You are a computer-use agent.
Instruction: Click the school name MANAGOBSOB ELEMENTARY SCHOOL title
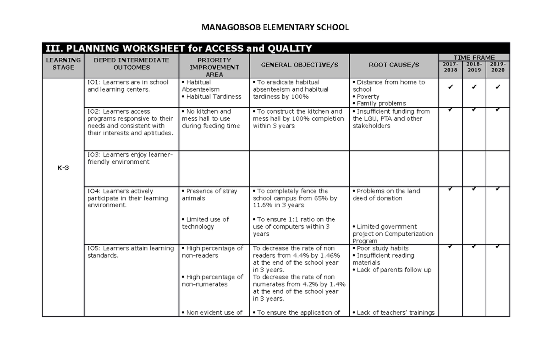[275, 28]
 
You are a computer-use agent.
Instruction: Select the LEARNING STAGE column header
[63, 64]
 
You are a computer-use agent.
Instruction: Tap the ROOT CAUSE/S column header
[394, 65]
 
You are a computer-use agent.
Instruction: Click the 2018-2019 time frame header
[474, 67]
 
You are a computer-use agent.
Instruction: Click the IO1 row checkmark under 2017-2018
[451, 86]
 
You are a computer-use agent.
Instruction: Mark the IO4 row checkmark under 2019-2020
[498, 189]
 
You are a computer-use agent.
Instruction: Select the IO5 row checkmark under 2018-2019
[474, 246]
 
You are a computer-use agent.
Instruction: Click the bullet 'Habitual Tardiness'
[211, 96]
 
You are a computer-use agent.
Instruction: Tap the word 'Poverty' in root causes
[368, 97]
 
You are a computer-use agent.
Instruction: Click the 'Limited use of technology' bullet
[205, 223]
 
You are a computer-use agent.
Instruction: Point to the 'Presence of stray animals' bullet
[209, 194]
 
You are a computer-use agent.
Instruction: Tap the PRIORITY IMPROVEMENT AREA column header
[214, 67]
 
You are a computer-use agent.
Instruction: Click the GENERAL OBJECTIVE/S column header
[299, 65]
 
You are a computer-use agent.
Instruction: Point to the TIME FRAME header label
[474, 57]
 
